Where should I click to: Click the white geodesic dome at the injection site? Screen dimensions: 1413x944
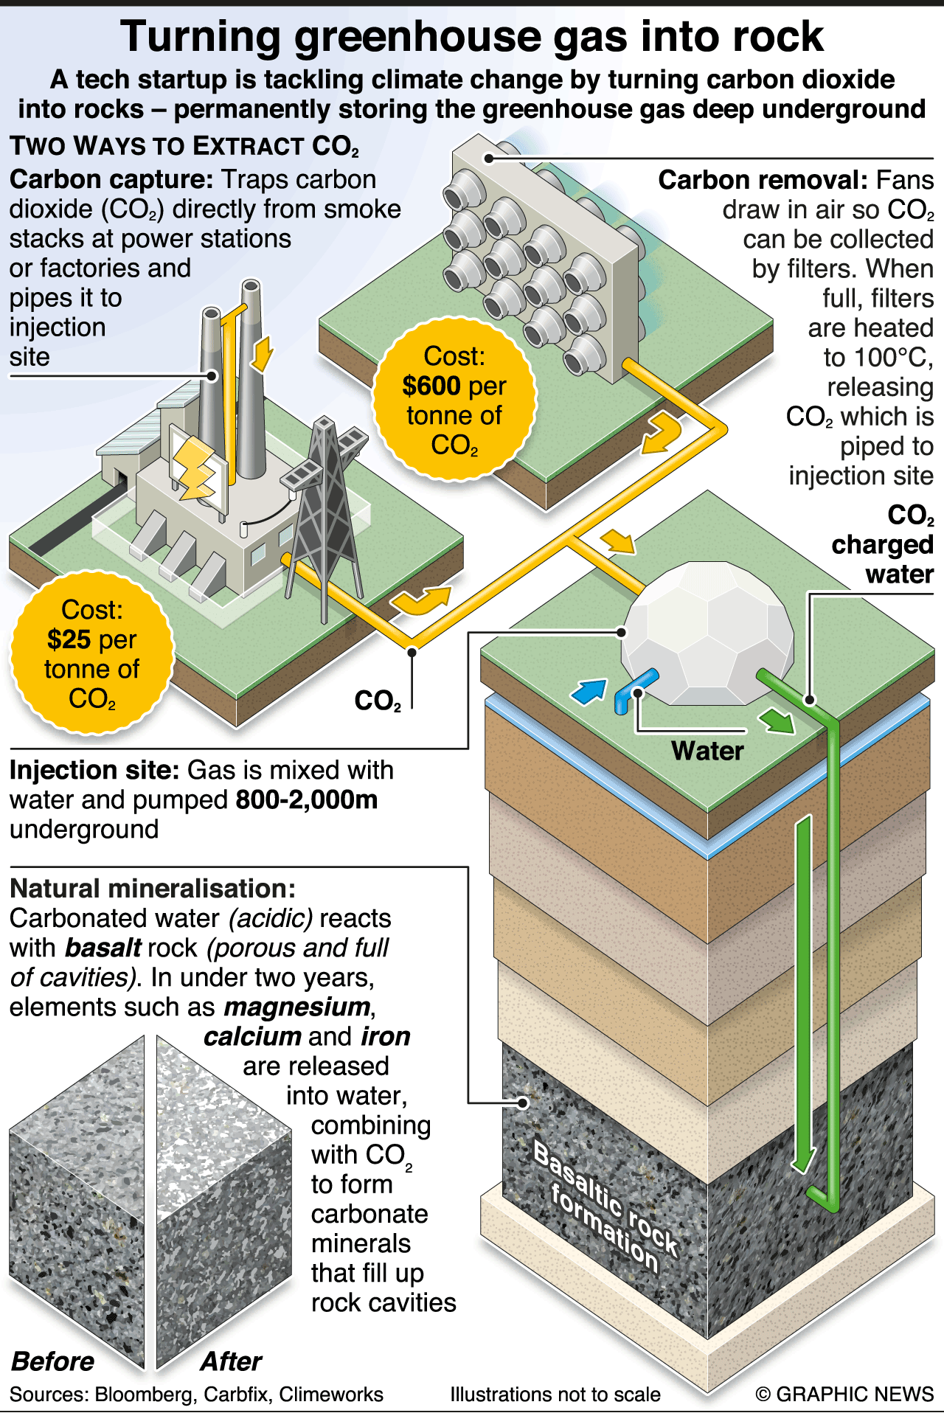point(708,634)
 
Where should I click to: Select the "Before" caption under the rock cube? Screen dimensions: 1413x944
point(53,1361)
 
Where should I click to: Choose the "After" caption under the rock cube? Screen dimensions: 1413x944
point(231,1361)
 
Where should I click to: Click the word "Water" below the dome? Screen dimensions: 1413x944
point(707,751)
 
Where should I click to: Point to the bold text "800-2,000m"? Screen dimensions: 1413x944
point(306,799)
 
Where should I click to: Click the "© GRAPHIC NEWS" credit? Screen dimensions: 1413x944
point(844,1394)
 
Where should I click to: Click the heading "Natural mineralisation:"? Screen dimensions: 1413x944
point(153,889)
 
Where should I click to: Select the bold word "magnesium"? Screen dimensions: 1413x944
point(297,1007)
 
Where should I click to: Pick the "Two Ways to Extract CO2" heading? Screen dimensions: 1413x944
point(184,146)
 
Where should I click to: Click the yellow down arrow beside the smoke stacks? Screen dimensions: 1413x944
point(262,354)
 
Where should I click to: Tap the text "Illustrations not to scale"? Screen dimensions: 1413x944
point(555,1394)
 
